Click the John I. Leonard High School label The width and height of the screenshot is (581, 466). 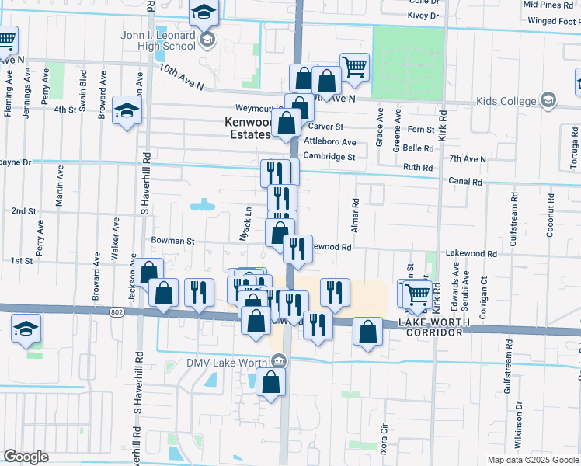(x=158, y=40)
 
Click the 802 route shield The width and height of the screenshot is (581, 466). (x=117, y=312)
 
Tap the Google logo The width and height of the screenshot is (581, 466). (x=26, y=456)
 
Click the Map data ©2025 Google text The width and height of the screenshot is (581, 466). (x=532, y=460)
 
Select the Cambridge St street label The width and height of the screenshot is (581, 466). (x=329, y=156)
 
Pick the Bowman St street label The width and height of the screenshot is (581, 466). (x=172, y=241)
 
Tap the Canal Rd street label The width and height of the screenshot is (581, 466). (x=466, y=182)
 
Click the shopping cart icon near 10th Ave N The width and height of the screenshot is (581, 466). (x=354, y=67)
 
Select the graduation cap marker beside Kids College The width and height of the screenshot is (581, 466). (x=548, y=100)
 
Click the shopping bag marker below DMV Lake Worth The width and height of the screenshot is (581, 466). (x=270, y=383)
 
